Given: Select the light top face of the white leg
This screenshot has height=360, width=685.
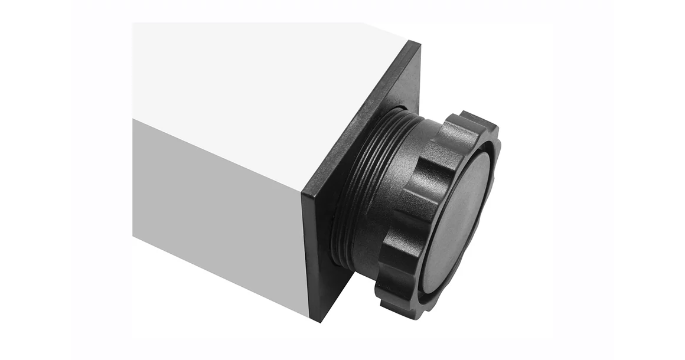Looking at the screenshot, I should (260, 89).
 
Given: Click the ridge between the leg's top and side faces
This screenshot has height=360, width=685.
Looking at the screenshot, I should (218, 156).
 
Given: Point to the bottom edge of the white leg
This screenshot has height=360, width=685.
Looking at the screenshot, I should (218, 277).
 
